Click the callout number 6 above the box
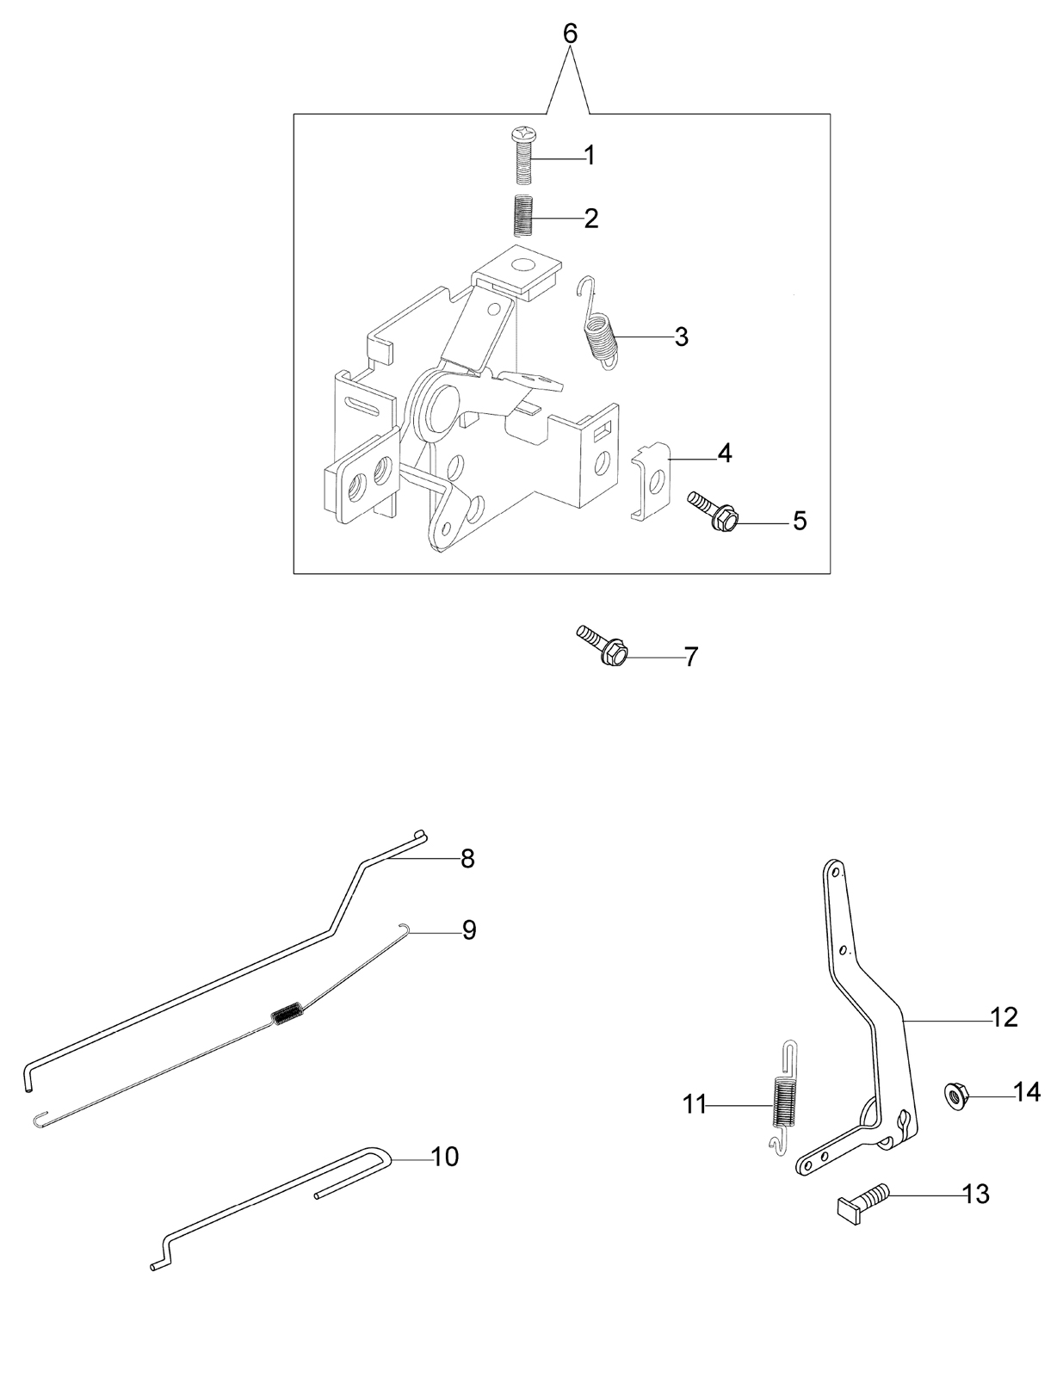point(571,34)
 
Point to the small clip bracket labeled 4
point(651,480)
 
